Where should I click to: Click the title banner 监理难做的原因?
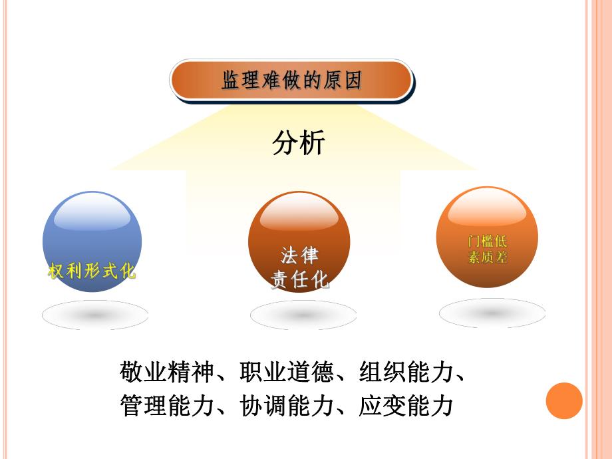tap(291, 81)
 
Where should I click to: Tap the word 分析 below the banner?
tap(298, 142)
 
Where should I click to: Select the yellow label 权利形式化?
tap(92, 271)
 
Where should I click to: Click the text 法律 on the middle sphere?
tap(299, 255)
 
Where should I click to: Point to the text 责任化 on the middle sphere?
tap(299, 280)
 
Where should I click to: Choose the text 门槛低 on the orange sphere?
tap(488, 241)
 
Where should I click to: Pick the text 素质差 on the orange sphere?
tap(488, 257)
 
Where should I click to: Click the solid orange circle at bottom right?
tap(564, 401)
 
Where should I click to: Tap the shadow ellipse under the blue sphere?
tap(94, 315)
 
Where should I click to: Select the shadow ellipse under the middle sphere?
tap(303, 315)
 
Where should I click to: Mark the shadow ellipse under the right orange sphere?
tap(492, 313)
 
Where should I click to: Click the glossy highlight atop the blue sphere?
tap(92, 213)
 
